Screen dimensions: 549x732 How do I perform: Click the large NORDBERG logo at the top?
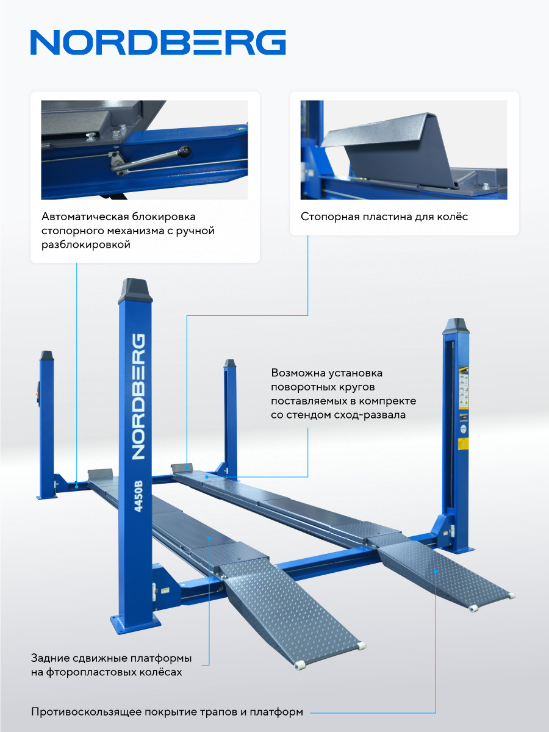tap(158, 42)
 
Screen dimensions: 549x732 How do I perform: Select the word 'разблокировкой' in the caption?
tap(85, 245)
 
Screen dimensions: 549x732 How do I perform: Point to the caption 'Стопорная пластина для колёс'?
tap(384, 217)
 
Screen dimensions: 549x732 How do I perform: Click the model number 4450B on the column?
tap(138, 496)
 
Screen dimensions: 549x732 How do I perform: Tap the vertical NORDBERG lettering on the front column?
tap(138, 397)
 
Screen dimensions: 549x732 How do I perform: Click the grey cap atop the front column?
tap(135, 290)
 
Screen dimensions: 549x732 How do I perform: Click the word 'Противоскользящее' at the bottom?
tap(85, 712)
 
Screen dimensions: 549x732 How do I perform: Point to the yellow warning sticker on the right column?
tap(464, 443)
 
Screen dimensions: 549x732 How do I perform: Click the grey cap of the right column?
tap(456, 326)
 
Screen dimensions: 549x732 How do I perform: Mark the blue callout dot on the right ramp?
tap(436, 572)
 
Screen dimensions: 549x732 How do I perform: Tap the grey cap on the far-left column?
tap(47, 355)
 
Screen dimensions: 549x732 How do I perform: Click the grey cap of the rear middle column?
tap(230, 364)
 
